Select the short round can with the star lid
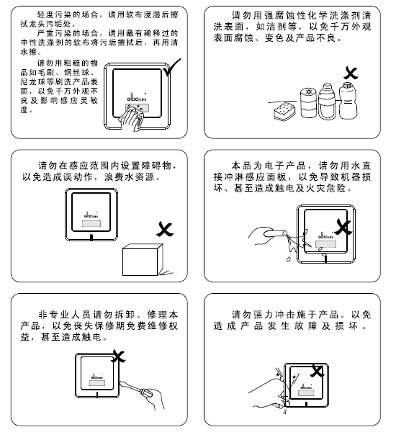coord(307,103)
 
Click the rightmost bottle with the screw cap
coord(351,103)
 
